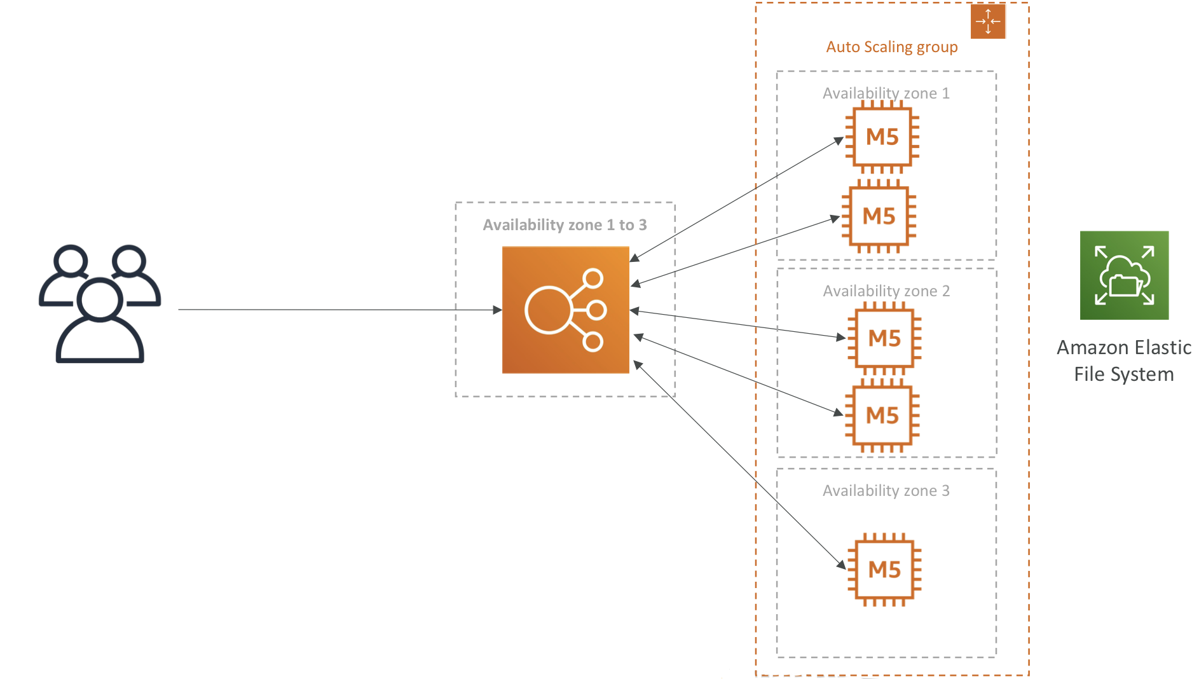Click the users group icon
(100, 303)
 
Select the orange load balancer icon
(565, 310)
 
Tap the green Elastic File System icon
(1124, 275)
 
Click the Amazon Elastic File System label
(1124, 360)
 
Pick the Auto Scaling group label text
(892, 48)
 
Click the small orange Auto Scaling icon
(988, 21)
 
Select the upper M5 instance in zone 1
(882, 137)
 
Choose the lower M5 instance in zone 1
(879, 216)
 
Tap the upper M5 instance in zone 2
(884, 338)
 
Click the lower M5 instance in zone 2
(882, 415)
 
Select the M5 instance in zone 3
(884, 569)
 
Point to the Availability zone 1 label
(886, 93)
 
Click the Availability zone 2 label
(886, 291)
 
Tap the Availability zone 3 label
(886, 491)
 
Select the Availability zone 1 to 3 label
(565, 225)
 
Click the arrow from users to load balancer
(340, 310)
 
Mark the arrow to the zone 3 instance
(740, 465)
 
